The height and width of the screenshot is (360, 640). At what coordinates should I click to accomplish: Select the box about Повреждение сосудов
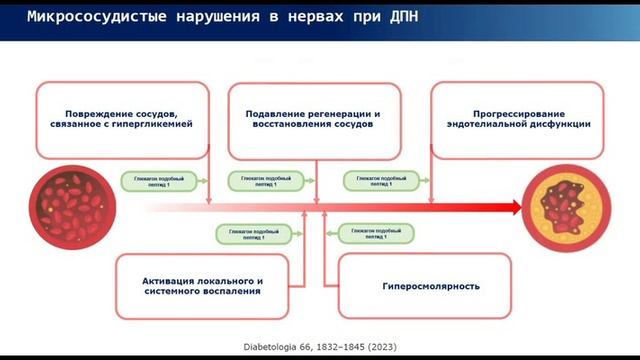[121, 120]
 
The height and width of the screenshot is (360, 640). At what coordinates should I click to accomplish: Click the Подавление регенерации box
[313, 120]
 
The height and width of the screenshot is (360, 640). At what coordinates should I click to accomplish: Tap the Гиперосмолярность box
[424, 285]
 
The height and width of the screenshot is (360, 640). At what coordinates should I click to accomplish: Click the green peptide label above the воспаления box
[248, 233]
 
